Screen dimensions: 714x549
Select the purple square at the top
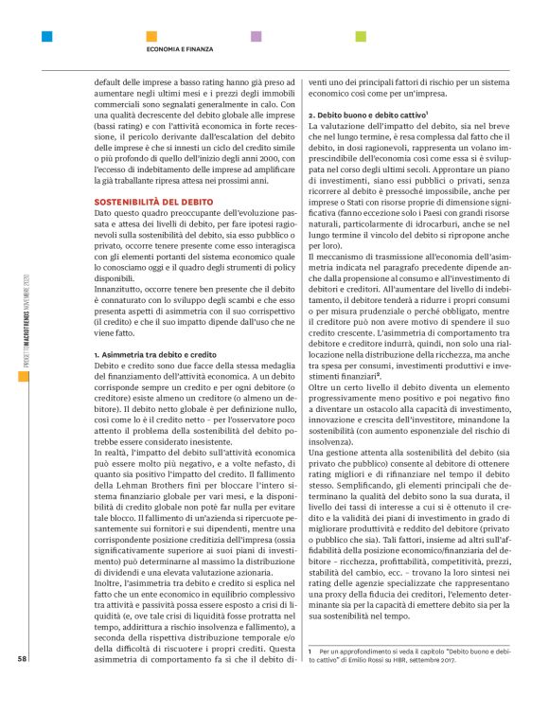click(x=256, y=37)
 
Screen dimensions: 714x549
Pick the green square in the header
click(x=360, y=37)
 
